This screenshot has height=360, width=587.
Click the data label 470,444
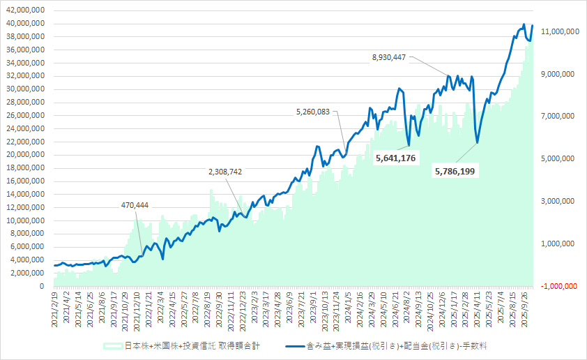[135, 205]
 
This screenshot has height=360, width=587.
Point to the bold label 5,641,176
[395, 158]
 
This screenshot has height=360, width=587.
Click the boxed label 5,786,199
[455, 170]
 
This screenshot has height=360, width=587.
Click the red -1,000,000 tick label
[556, 286]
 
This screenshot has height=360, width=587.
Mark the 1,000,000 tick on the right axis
[557, 243]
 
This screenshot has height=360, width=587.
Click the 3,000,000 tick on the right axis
[557, 202]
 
